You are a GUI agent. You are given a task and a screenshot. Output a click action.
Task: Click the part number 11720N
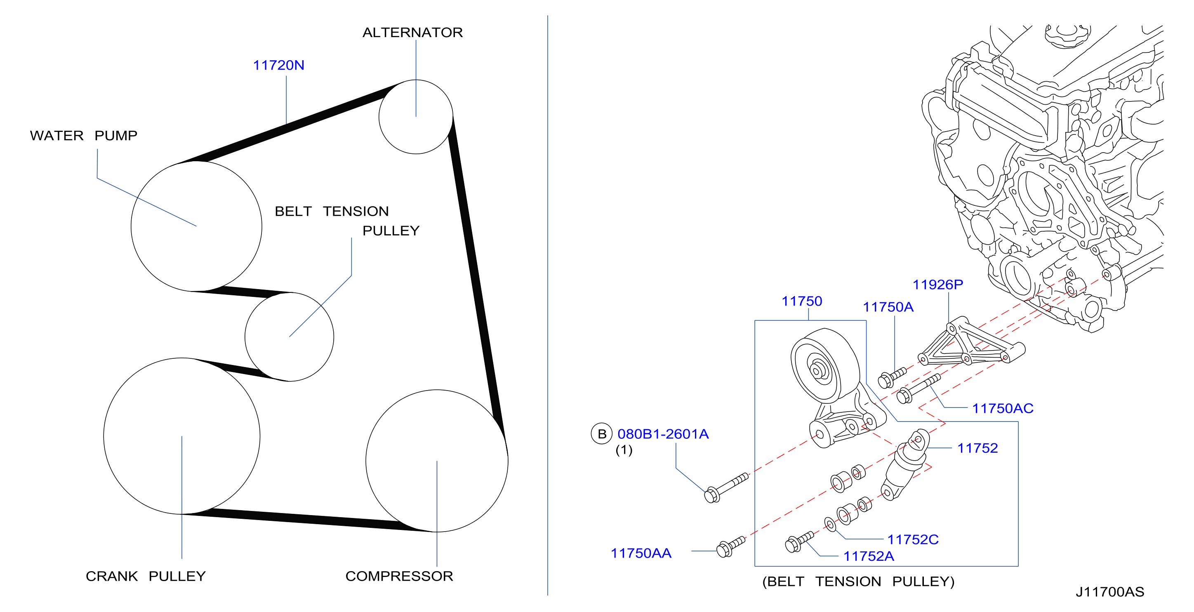click(x=278, y=65)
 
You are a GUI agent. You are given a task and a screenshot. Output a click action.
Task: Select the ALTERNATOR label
click(x=412, y=32)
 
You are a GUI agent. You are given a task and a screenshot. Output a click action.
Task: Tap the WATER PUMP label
click(x=83, y=135)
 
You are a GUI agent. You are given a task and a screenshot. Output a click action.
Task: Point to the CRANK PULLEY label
click(x=146, y=576)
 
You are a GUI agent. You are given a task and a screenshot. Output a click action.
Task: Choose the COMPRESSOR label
click(x=399, y=576)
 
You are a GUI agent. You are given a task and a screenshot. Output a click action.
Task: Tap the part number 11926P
click(x=938, y=284)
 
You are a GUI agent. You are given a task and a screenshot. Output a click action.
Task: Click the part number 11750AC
click(x=1003, y=408)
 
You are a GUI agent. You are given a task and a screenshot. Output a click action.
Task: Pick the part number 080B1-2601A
click(x=663, y=433)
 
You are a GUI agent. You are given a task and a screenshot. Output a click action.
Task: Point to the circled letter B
click(x=602, y=433)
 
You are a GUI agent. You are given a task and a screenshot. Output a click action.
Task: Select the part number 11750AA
click(x=641, y=553)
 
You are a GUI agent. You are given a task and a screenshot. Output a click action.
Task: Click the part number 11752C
click(x=913, y=539)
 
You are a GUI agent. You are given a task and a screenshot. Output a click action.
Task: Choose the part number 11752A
click(x=869, y=556)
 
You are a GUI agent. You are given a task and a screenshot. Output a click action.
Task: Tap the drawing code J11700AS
click(x=1109, y=592)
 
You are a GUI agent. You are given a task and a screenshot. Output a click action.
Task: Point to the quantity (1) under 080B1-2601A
click(x=624, y=450)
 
